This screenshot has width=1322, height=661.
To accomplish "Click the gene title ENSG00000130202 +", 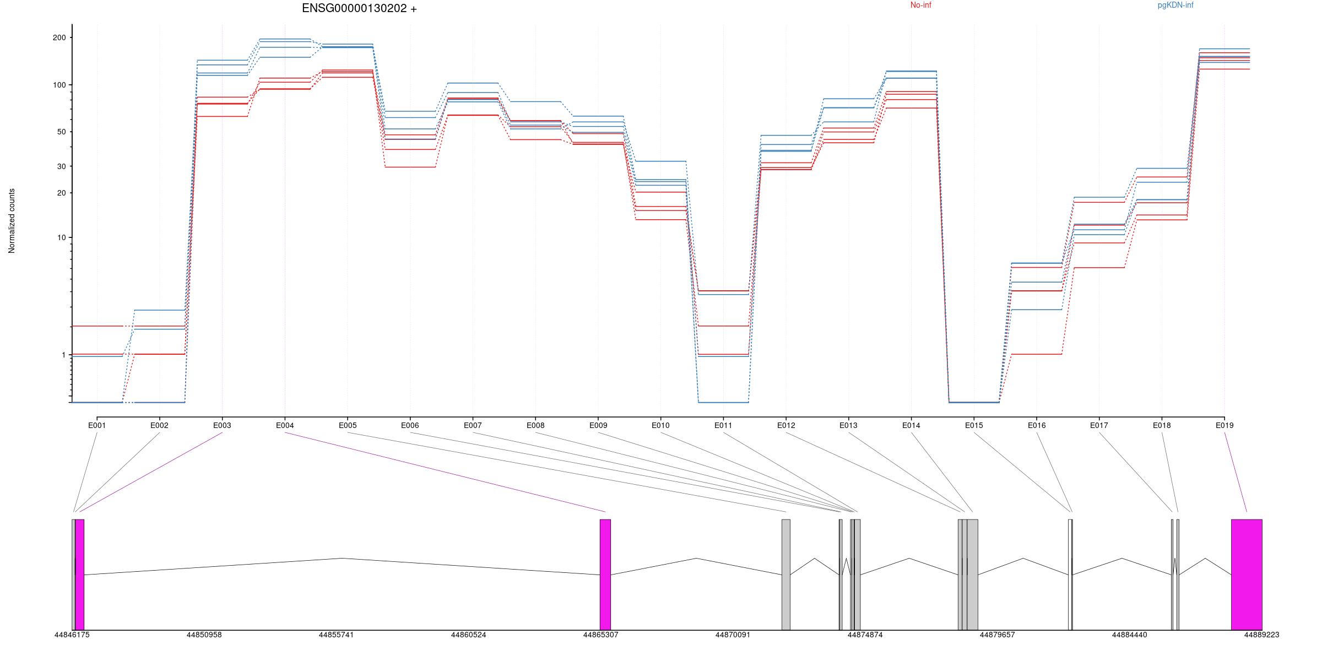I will click(x=359, y=8).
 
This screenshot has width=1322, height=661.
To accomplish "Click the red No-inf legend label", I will click(x=920, y=5).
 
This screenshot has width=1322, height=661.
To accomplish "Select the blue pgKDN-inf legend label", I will click(x=1175, y=5).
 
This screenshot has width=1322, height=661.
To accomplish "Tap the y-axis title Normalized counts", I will click(x=12, y=221).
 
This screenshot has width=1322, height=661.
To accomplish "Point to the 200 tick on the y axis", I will click(x=59, y=37).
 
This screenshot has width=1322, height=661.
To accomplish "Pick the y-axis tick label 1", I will click(x=63, y=355).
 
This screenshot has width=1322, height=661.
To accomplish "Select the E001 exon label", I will click(x=97, y=425).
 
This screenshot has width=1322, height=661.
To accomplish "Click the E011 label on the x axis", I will click(x=723, y=425).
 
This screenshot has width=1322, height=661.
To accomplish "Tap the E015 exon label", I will click(x=974, y=425).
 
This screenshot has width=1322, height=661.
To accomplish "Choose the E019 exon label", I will click(x=1224, y=425).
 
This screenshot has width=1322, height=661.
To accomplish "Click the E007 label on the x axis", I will click(x=473, y=425).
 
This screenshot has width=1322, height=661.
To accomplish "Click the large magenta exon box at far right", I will click(x=1247, y=574).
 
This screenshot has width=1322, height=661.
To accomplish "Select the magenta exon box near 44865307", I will click(x=605, y=574).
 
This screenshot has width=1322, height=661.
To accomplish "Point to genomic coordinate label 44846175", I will click(x=72, y=635).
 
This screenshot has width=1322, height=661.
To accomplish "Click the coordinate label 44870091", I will click(x=733, y=635).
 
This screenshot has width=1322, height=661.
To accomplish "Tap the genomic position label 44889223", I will click(x=1261, y=635).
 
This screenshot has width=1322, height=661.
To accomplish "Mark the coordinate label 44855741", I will click(x=336, y=635).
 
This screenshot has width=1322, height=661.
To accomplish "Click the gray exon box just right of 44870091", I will click(x=785, y=574).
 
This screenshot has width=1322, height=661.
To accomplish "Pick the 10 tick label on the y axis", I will click(x=61, y=237).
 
